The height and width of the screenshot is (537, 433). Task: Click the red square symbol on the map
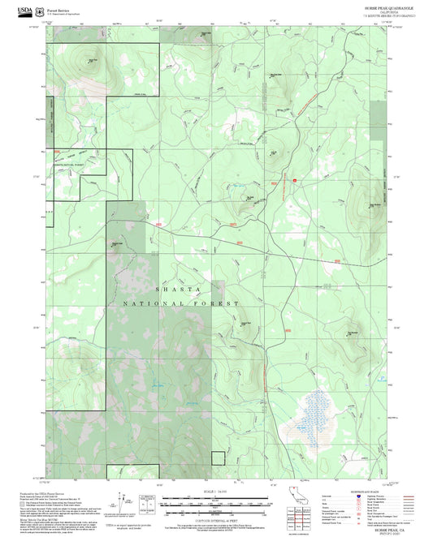point(295,180)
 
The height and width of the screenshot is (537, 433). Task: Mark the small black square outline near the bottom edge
point(217,458)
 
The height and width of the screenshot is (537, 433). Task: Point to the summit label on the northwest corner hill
point(93,60)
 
